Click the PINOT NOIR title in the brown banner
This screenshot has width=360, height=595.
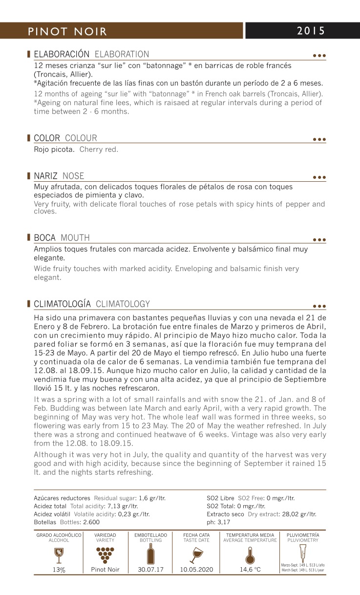coord(67,31)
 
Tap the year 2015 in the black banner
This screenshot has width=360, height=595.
coord(311,31)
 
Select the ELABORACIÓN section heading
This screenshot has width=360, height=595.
coord(62,54)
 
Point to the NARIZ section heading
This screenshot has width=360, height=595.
coord(45,176)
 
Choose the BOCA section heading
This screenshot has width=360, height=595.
coord(47,238)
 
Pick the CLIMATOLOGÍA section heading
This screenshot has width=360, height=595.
coord(62,304)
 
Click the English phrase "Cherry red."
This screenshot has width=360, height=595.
coord(99,149)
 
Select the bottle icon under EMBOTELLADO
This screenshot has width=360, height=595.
coord(151,554)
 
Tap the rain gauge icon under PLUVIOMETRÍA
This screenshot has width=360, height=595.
coord(303,552)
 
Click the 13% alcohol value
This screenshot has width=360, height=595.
coord(59,570)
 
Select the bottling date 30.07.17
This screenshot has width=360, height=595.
coord(151,570)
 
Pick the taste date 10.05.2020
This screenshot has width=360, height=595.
coord(196,570)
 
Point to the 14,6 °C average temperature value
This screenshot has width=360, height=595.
coord(250,570)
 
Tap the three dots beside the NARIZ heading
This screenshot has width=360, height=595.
coord(319,178)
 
